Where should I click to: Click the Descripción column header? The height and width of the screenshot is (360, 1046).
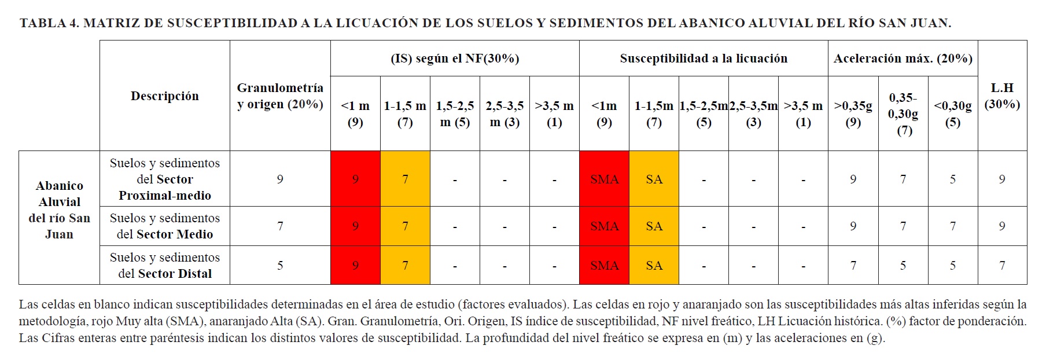pos(164,96)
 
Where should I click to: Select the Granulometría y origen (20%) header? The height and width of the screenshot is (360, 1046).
pos(280,96)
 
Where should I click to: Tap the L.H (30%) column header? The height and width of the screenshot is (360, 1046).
pos(1002,96)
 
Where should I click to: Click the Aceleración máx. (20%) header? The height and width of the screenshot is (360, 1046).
pos(903,58)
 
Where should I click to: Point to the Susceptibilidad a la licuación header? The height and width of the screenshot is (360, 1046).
pos(704,58)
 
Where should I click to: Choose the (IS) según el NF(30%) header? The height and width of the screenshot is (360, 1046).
pos(455,58)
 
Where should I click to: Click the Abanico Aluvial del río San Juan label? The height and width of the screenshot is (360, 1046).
pos(59,210)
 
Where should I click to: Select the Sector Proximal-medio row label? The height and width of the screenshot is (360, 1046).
pos(164,179)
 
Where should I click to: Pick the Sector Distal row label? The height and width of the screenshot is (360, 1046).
pos(164,266)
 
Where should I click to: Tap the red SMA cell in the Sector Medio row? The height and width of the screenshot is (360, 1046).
pos(604,226)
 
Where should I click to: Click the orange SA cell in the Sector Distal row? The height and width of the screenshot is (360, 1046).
pos(654,266)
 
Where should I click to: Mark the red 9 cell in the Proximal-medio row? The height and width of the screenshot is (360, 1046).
pos(355,179)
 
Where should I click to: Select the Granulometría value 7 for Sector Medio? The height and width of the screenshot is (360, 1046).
pos(280,226)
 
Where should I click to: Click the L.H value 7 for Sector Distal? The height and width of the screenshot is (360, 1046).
pos(1002,266)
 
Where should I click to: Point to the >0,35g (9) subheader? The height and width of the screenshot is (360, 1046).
pos(853,114)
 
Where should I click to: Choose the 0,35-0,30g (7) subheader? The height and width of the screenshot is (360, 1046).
pos(903,114)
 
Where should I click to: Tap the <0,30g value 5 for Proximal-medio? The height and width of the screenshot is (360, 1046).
pos(952,179)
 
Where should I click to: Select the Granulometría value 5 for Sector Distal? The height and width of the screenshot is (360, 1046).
pos(280,266)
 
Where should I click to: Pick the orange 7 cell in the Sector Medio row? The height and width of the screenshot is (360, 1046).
pos(405,226)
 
